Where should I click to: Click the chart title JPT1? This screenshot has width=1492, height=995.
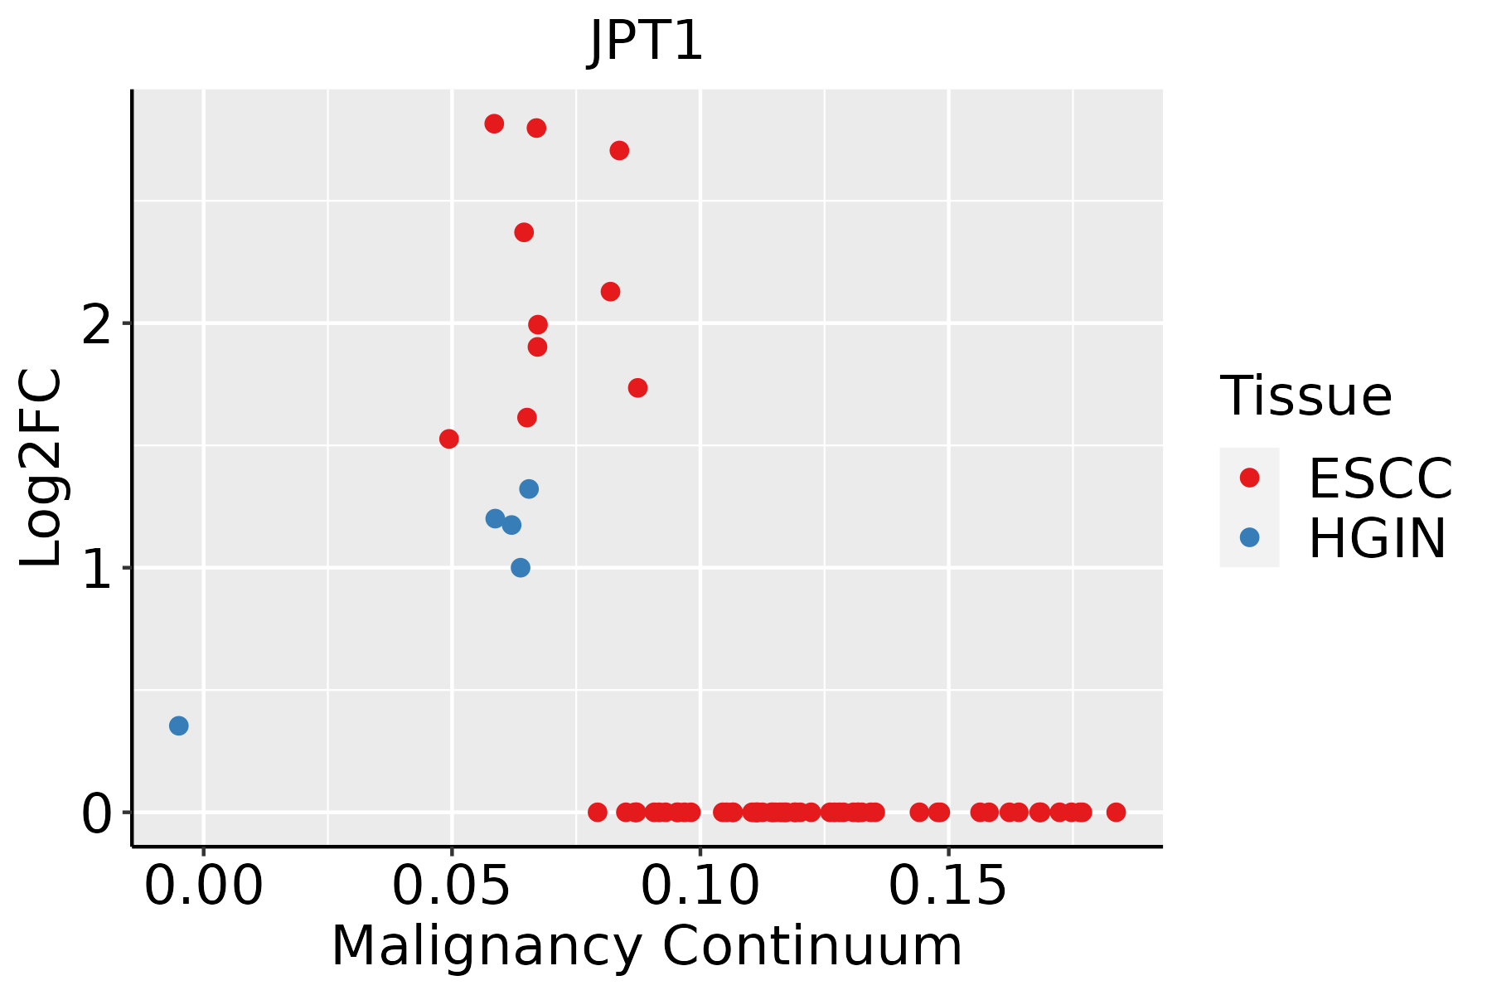[646, 41]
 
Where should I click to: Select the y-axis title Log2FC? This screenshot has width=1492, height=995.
[41, 468]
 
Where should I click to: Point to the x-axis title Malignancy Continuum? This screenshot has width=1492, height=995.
[647, 946]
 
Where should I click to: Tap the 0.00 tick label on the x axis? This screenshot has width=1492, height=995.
[203, 886]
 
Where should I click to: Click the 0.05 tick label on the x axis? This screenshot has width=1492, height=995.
[451, 886]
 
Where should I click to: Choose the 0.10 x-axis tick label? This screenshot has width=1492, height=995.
[700, 886]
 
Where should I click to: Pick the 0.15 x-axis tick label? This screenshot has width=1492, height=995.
[948, 886]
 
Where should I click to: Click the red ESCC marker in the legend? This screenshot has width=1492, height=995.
[1249, 478]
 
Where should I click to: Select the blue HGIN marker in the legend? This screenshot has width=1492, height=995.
[1249, 537]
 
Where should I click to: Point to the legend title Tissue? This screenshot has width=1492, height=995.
[1306, 396]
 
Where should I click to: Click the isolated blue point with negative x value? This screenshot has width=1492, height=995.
[178, 726]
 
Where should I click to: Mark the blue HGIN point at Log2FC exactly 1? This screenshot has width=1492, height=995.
[521, 568]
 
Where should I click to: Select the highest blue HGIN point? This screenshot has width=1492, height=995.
[529, 489]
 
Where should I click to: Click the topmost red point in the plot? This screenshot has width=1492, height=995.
[494, 124]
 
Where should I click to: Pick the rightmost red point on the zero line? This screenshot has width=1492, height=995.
[1116, 813]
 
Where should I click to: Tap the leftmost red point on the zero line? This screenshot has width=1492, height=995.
[597, 813]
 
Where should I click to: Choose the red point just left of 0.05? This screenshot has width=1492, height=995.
[448, 439]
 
